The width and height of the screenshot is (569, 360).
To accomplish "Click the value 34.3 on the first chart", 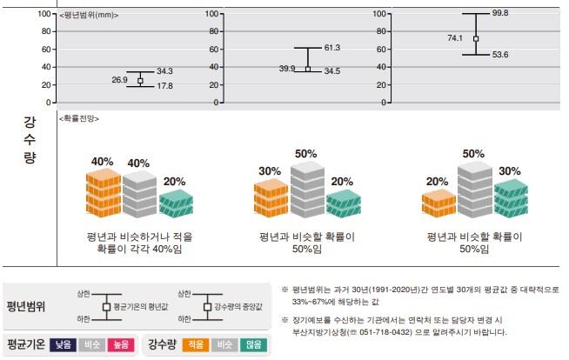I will click(x=165, y=70).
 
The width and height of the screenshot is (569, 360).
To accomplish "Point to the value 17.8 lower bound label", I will click(x=165, y=86).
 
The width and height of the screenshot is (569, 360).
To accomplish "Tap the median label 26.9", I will click(x=120, y=79).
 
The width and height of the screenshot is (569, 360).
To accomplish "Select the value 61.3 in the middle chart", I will click(x=331, y=48).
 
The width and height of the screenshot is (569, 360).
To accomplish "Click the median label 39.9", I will click(x=286, y=68).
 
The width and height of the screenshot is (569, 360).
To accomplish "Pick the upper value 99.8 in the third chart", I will click(x=500, y=13).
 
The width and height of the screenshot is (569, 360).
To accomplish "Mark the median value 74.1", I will click(x=455, y=38).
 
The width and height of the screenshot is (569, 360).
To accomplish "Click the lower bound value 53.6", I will click(x=500, y=55).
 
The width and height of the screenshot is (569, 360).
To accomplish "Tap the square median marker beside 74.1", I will click(x=476, y=38).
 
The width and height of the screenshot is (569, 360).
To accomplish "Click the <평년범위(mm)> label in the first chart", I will click(x=89, y=16).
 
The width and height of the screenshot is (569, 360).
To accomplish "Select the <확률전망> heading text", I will click(x=77, y=117).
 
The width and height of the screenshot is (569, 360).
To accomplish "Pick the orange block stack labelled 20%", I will click(x=438, y=203).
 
